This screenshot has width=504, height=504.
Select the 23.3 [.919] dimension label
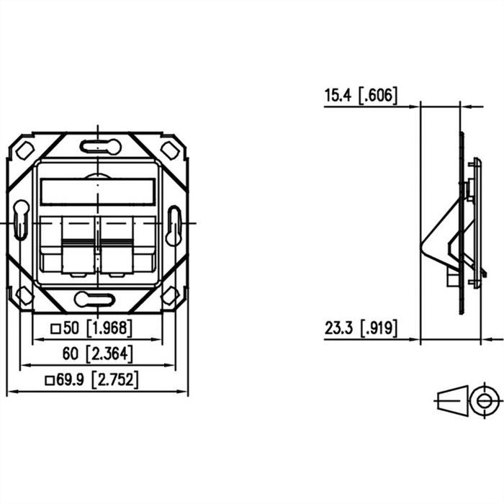tap(361, 329)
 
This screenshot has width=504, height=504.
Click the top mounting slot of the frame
tap(99, 147)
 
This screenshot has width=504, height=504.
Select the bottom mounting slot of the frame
tap(99, 298)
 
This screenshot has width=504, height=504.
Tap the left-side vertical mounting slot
tap(21, 222)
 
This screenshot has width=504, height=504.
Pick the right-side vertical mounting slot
tap(174, 222)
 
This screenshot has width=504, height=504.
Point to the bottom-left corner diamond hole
tap(24, 294)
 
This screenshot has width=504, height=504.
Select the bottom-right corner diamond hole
tap(170, 294)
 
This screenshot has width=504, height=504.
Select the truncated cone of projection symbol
tap(451, 400)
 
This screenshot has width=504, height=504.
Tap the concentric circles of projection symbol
tap(484, 400)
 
